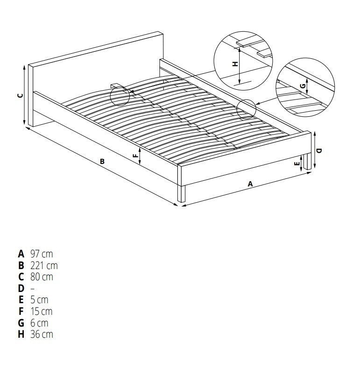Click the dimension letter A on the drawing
[x=250, y=184]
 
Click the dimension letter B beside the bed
[x=102, y=162]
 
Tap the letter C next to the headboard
[x=20, y=95]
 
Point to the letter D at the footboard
[x=318, y=151]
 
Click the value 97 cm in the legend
[x=42, y=255]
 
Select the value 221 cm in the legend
[x=44, y=266]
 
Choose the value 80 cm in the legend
[x=42, y=277]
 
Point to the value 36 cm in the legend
[x=42, y=334]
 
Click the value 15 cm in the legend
[x=41, y=311]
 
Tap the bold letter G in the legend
[x=21, y=323]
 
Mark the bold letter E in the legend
[x=21, y=300]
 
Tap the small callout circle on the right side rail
[x=247, y=109]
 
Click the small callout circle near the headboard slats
[x=120, y=95]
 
